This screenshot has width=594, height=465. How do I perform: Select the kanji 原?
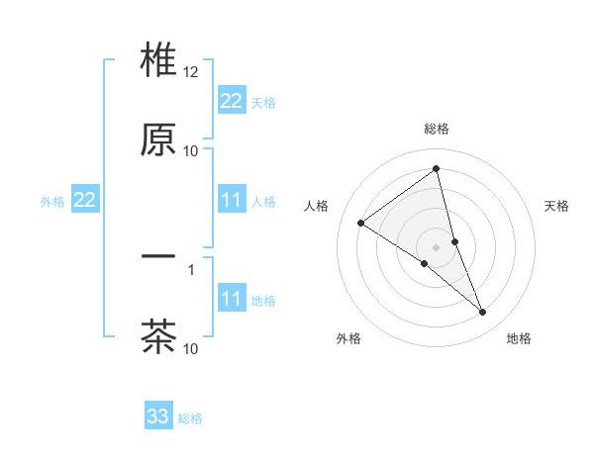pos(158,139)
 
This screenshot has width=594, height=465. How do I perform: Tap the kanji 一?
pos(158,256)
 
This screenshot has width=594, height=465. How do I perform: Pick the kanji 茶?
pos(158,335)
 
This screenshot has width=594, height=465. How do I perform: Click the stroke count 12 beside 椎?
pos(191,73)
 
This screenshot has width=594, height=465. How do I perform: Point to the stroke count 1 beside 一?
pos(191,268)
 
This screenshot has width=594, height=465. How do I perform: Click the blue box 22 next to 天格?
pos(232,101)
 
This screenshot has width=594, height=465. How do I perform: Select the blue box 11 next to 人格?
pos(232,201)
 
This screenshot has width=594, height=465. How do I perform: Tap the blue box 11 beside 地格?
pos(232,299)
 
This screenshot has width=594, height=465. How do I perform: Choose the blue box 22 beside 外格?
pos(85,201)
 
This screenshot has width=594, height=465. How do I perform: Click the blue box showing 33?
pos(158,417)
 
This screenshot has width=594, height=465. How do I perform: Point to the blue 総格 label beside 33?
pos(190,418)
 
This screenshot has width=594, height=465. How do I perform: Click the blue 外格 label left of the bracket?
pos(52,202)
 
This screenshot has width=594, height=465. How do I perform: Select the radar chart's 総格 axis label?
pos(437,129)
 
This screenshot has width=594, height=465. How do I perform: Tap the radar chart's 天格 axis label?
pos(556,206)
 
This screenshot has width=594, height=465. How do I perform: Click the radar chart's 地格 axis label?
pos(519,338)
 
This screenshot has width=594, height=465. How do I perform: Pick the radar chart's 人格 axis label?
pos(316,206)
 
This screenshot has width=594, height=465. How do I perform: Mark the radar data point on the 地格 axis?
pos(483,312)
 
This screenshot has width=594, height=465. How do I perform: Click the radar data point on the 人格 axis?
pos(360,223)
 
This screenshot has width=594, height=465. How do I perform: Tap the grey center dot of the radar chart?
pos(437,246)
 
